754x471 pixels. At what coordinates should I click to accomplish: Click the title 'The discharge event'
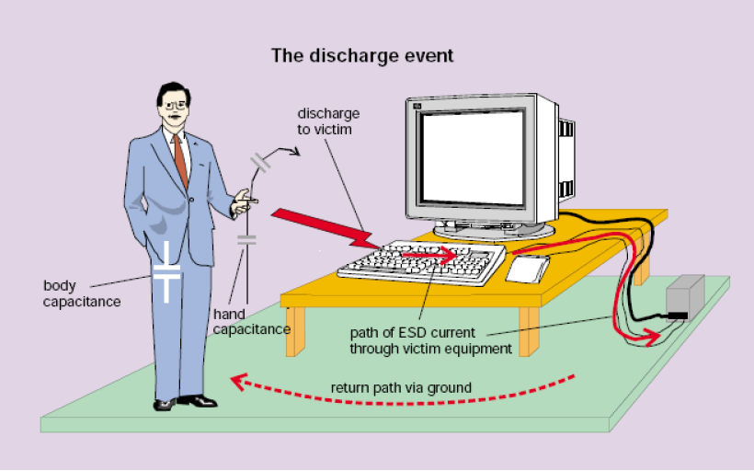(x=362, y=55)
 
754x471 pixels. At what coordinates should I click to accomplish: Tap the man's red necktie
(x=181, y=161)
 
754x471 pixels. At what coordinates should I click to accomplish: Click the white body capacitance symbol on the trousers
(x=166, y=271)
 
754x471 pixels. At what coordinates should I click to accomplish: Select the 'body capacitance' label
(x=82, y=293)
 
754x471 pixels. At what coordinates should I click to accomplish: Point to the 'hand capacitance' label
(x=252, y=321)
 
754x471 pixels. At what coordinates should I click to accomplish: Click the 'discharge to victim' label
(x=328, y=121)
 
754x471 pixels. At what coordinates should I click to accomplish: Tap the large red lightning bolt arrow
(x=326, y=228)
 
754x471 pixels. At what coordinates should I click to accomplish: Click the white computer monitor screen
(x=473, y=157)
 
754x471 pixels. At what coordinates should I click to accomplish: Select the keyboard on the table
(x=422, y=262)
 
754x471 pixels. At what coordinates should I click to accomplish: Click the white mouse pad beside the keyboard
(x=528, y=270)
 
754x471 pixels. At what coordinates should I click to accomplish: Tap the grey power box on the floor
(x=685, y=298)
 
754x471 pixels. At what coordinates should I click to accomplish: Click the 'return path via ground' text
(x=401, y=388)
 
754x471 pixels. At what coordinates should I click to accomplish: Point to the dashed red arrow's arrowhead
(x=239, y=382)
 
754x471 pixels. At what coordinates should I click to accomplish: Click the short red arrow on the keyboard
(x=428, y=255)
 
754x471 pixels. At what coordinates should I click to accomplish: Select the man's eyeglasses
(x=175, y=106)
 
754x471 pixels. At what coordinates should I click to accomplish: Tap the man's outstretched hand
(x=245, y=203)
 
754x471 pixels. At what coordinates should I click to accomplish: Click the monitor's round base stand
(x=494, y=231)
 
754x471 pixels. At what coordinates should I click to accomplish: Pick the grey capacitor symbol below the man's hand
(x=246, y=240)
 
